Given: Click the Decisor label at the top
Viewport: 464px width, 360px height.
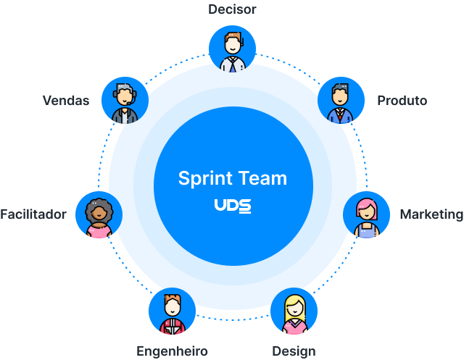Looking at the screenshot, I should coord(232,9).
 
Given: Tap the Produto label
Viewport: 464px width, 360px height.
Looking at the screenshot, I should coord(402,101).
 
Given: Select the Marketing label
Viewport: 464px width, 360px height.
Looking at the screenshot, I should coord(431,214).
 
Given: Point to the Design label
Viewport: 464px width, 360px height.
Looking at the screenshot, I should coord(294,351).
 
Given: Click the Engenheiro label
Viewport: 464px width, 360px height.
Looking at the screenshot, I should coord(173,351).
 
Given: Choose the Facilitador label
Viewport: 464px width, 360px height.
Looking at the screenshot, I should coord(33,214).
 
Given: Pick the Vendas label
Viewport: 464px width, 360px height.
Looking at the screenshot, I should coord(66,101).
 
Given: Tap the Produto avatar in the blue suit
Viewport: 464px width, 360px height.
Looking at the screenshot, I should coord(340,101).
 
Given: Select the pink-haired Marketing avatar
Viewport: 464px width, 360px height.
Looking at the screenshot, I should coord(367,215).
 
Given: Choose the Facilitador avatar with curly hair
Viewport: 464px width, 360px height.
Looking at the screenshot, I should coord(99,215).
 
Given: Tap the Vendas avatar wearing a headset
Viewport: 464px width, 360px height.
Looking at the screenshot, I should coord(125,101).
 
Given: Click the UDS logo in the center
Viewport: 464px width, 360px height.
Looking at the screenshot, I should coord(232,206).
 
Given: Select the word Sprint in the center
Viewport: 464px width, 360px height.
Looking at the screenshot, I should coord(204,178).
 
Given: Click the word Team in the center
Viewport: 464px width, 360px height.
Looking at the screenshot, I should coord(260,178).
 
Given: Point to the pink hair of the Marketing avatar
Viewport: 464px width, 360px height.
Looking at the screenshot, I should coord(367,203).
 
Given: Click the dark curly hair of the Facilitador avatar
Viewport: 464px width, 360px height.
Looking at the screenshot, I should coord(99,204).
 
